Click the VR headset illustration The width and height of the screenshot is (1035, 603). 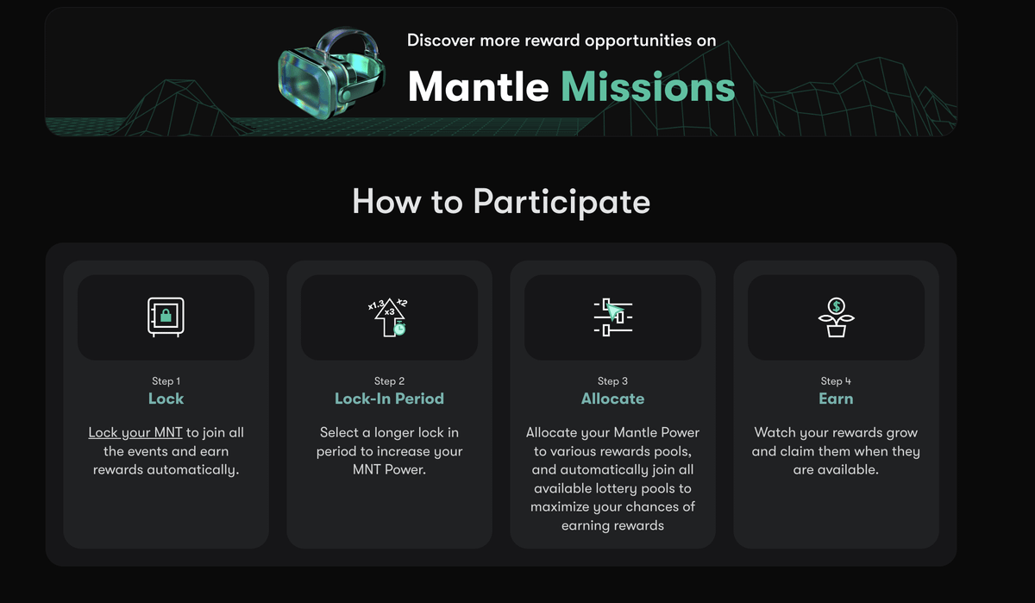pos(331,73)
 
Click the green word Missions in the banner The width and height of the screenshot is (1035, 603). pos(648,87)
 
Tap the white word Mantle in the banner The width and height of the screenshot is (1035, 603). pos(478,87)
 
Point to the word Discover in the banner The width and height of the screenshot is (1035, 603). pos(441,41)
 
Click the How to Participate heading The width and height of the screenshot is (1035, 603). pos(501,202)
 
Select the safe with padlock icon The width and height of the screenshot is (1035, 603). pos(166,317)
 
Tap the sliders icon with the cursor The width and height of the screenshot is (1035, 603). pos(612,317)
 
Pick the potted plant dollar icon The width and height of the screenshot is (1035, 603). pos(836,317)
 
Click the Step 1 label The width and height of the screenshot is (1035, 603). pos(166,381)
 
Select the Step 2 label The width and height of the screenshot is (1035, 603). pos(389,381)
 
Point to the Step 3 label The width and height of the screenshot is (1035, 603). pos(612,381)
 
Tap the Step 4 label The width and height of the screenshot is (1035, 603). pos(836,381)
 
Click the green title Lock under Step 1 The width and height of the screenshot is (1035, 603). pos(166,399)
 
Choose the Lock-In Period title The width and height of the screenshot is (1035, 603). pos(389,399)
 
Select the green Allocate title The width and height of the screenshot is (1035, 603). pos(612,399)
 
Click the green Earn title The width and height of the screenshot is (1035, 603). pos(836,399)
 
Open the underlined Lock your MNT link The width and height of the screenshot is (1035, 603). pos(135,433)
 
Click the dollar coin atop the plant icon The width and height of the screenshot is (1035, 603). pos(837,306)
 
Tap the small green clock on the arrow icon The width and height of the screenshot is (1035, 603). pos(399,329)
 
